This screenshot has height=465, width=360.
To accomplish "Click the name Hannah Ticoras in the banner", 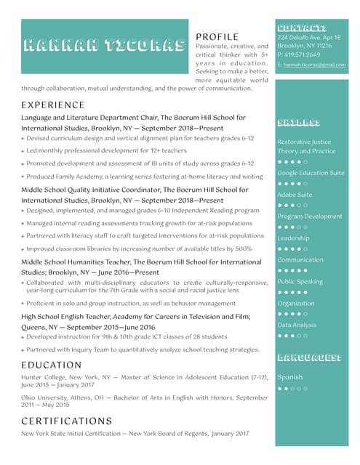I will (104, 46).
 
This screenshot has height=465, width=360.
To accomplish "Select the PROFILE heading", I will (217, 36).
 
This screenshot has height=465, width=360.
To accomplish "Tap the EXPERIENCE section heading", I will (53, 105).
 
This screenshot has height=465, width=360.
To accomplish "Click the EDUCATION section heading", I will (52, 365).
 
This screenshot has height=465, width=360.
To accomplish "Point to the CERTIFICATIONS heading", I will (67, 421).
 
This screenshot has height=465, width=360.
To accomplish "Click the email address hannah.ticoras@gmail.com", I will (314, 65).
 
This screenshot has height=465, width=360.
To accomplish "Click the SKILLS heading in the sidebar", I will (299, 123).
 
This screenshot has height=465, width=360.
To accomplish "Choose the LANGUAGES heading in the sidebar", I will (309, 358).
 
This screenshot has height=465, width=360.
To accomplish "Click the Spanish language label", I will (290, 377).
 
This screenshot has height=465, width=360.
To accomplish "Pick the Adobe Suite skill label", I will (295, 195).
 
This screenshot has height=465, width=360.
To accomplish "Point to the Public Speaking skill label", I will (300, 281).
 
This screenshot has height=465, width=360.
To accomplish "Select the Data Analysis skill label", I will (297, 325).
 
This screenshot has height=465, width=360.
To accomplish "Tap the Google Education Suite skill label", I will (311, 173).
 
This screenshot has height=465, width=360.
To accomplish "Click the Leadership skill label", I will (293, 238).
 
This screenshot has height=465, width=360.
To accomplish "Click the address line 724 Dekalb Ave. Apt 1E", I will (308, 36).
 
